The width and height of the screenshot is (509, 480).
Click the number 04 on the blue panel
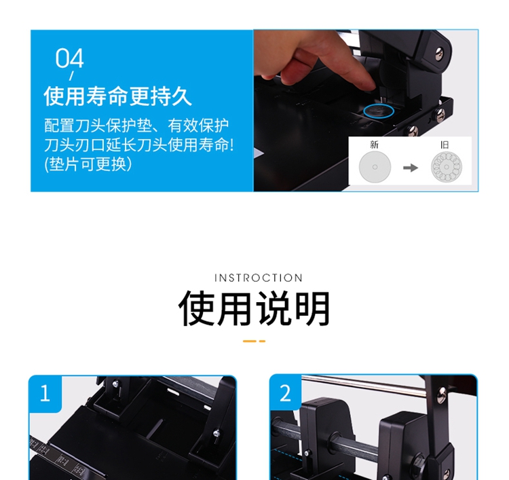click(x=69, y=58)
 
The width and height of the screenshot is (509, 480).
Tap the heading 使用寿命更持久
click(x=117, y=96)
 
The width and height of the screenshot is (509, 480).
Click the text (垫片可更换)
click(x=88, y=164)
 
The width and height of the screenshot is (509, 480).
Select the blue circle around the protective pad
click(x=379, y=111)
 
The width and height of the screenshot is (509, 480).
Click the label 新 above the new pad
click(x=374, y=145)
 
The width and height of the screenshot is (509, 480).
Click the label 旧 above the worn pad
click(x=445, y=145)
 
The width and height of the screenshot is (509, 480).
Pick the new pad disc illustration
click(x=375, y=167)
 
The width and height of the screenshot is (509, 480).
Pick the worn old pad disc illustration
click(x=447, y=167)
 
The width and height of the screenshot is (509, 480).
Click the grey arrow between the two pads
click(x=411, y=168)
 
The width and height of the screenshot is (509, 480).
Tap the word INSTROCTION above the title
click(x=259, y=278)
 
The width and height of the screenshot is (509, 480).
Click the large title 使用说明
click(x=254, y=308)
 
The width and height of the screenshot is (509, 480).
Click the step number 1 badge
click(x=45, y=393)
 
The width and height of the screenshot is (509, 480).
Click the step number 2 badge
click(x=285, y=393)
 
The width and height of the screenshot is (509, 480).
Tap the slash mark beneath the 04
click(x=71, y=75)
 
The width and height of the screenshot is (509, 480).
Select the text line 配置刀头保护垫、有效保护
click(x=136, y=126)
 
